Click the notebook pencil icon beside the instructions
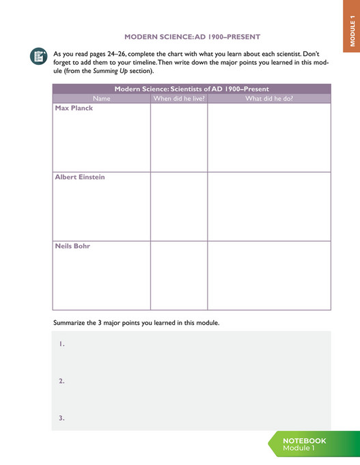pyautogui.click(x=39, y=57)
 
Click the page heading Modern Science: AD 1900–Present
pyautogui.click(x=192, y=36)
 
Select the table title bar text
pyautogui.click(x=191, y=89)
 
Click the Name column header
pyautogui.click(x=101, y=98)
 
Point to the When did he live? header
pyautogui.click(x=179, y=98)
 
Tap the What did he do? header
pyautogui.click(x=269, y=98)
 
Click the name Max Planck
pyautogui.click(x=74, y=108)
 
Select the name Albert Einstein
pyautogui.click(x=80, y=177)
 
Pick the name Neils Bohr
pyautogui.click(x=72, y=246)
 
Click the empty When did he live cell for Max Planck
pyautogui.click(x=179, y=137)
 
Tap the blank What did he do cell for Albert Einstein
pyautogui.click(x=269, y=206)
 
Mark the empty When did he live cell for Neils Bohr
pyautogui.click(x=179, y=275)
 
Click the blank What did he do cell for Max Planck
pyautogui.click(x=269, y=137)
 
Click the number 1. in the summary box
pyautogui.click(x=61, y=344)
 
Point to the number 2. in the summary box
pyautogui.click(x=61, y=381)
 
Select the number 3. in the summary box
pyautogui.click(x=61, y=418)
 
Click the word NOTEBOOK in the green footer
pyautogui.click(x=305, y=440)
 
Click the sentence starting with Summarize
pyautogui.click(x=136, y=322)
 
